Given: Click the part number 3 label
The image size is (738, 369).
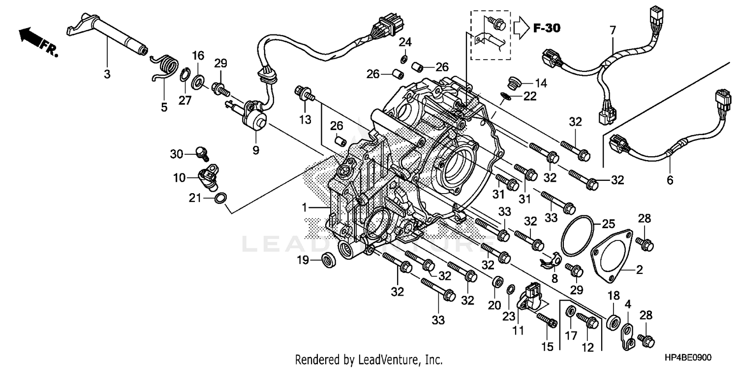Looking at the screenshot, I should coord(107,75).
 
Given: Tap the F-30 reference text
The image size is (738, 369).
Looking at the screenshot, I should coord(546,29).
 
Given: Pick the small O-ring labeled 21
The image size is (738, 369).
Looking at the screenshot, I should coord(221,199).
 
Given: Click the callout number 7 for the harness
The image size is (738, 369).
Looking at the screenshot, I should coord(613,31).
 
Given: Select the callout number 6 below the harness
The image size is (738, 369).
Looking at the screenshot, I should coord(670,181).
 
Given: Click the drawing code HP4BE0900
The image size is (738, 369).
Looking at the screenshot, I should coord(689,360).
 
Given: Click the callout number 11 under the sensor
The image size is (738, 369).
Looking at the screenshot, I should coord(517,332).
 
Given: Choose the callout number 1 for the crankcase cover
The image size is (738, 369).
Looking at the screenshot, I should coord(305,208).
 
